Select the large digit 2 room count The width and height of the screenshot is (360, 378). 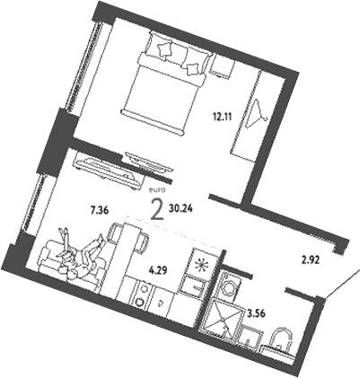(157, 210)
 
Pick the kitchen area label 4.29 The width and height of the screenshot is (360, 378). (158, 267)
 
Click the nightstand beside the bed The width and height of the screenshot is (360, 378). (222, 67)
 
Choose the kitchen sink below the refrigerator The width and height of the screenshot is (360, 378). (192, 286)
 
